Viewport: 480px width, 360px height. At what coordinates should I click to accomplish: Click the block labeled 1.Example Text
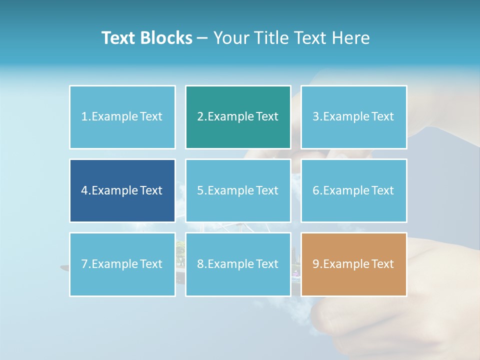[122, 117]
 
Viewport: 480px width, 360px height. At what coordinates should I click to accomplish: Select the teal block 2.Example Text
[238, 117]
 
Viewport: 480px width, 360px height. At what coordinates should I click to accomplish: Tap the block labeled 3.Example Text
[353, 117]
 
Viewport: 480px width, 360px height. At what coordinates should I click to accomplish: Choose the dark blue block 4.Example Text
[122, 190]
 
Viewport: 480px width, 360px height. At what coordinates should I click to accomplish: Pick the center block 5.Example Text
[238, 190]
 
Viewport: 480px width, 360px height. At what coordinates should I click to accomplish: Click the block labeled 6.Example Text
[353, 190]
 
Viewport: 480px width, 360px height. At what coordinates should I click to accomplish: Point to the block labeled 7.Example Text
[122, 264]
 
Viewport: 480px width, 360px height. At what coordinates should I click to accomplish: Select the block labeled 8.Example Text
[238, 264]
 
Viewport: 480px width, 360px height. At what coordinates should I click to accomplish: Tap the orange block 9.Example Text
[353, 264]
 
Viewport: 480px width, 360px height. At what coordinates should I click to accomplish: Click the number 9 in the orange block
[316, 264]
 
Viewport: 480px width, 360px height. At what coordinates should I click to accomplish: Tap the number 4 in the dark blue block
[84, 190]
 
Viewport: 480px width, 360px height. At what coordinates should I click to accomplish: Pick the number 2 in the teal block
[200, 117]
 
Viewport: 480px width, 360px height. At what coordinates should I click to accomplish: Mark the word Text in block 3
[382, 117]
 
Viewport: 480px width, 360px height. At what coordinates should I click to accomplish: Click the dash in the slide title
[203, 38]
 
